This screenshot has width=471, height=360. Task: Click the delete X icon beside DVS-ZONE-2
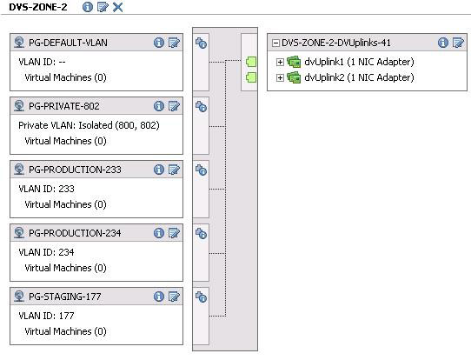click(118, 7)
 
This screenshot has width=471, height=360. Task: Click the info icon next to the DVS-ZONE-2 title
click(88, 7)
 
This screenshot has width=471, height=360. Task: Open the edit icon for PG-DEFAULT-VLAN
click(174, 43)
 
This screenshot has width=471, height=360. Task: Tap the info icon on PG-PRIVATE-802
click(159, 106)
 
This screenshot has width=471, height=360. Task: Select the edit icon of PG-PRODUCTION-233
click(174, 170)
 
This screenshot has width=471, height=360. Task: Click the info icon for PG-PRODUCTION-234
click(159, 233)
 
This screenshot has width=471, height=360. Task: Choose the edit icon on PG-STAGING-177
click(174, 297)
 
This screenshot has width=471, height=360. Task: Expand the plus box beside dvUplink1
click(280, 62)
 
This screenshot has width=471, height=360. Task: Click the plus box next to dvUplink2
click(280, 78)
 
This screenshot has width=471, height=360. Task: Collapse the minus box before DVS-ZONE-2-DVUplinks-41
click(275, 43)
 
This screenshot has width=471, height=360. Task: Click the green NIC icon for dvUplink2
click(294, 78)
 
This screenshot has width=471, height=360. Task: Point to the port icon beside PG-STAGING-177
click(201, 297)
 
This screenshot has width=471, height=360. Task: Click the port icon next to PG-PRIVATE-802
click(201, 107)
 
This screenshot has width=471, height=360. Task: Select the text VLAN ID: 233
click(46, 189)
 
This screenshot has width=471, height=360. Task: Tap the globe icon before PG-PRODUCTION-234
click(19, 233)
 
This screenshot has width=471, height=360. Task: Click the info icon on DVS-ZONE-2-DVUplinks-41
click(443, 43)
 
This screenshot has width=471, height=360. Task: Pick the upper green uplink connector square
click(251, 62)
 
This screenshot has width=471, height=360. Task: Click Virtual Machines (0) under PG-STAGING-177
click(65, 331)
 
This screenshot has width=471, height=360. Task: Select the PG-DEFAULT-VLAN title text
click(68, 43)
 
